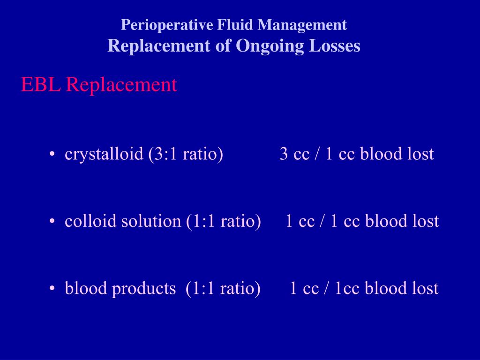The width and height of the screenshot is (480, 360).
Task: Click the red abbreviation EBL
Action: (x=40, y=85)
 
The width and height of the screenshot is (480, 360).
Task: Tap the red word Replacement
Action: (x=121, y=85)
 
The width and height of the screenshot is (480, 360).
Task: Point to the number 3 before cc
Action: (x=284, y=154)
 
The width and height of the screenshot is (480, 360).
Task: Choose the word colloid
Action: (x=91, y=221)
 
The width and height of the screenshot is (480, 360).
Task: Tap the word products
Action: (x=143, y=288)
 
